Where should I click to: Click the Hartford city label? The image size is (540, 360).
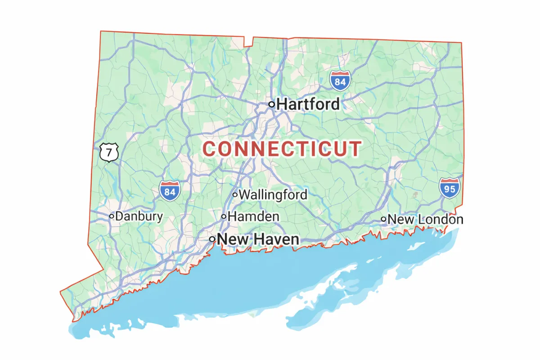(x=308, y=104)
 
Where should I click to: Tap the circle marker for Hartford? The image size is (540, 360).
(x=272, y=104)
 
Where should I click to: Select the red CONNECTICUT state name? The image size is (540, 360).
(x=282, y=149)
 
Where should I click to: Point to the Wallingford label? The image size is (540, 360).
(x=273, y=195)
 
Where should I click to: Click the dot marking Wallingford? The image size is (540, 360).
(x=235, y=195)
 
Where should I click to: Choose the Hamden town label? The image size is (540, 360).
(x=253, y=216)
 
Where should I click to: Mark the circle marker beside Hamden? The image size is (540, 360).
(x=224, y=216)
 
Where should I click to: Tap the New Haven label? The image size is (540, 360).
(x=258, y=239)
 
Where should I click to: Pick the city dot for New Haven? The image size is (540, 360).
(x=212, y=239)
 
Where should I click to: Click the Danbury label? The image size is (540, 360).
(x=139, y=216)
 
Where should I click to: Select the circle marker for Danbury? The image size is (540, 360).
(x=111, y=216)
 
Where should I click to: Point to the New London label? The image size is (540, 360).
(x=425, y=220)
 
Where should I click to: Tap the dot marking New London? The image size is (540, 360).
(x=383, y=220)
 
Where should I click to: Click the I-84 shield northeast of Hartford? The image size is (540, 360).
(x=340, y=81)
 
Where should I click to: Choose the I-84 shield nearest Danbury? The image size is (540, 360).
(x=170, y=191)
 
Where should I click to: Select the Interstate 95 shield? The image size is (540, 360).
(x=450, y=188)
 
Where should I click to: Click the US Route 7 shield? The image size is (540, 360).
(x=109, y=152)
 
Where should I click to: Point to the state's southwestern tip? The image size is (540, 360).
(x=61, y=292)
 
